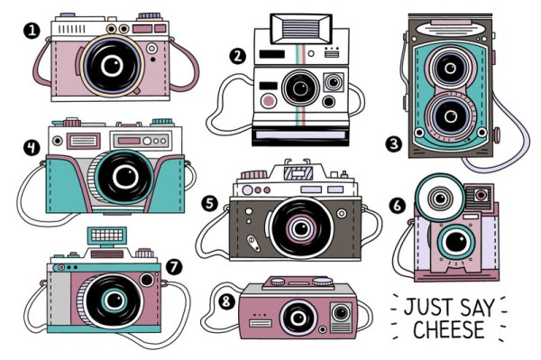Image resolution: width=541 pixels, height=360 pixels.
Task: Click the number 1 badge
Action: [32, 31]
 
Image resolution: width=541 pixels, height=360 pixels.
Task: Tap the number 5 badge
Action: [210, 203]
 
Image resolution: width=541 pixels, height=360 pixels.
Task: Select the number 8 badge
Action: [226, 301]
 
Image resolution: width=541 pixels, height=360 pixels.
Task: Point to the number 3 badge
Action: [394, 144]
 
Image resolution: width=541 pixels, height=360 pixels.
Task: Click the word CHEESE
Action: [449, 329]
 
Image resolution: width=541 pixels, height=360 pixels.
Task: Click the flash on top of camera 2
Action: [301, 29]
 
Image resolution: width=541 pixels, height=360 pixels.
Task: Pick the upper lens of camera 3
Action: [450, 68]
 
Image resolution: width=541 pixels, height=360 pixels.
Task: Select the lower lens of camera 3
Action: [450, 116]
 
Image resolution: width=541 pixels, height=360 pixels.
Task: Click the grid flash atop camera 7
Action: [107, 235]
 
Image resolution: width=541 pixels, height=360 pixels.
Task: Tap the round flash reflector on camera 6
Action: [440, 198]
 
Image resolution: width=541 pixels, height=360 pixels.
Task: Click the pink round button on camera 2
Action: [268, 101]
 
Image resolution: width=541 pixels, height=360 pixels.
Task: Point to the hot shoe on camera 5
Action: [298, 172]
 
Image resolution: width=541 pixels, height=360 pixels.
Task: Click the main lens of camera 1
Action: [113, 66]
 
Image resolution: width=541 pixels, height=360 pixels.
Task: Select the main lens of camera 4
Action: [125, 177]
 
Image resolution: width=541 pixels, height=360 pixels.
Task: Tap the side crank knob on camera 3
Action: [497, 135]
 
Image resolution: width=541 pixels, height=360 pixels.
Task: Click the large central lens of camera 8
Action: [298, 318]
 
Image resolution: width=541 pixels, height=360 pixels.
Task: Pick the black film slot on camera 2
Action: [300, 136]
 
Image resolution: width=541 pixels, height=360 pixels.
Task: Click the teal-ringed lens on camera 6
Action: [456, 242]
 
